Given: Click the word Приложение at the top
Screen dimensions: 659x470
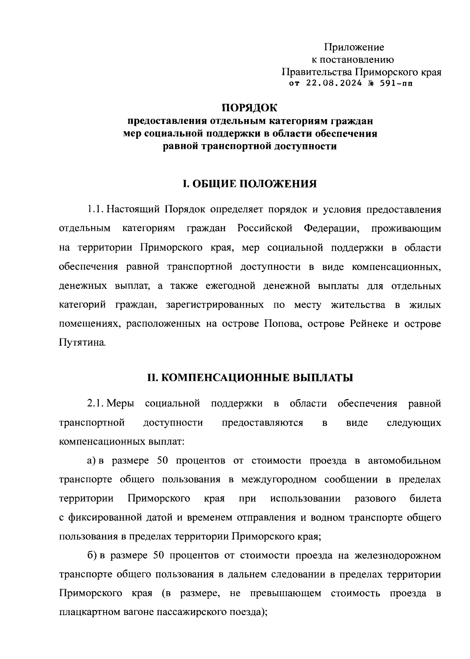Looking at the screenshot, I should [354, 47].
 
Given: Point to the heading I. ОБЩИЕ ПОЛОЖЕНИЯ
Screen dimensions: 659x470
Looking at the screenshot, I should [250, 183].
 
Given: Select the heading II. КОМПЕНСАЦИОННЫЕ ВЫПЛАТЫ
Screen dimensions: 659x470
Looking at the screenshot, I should [250, 378].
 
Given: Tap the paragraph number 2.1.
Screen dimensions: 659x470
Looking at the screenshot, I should [95, 404].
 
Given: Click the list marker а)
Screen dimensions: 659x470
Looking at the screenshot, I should [91, 460].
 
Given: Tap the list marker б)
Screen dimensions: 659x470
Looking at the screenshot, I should [92, 556].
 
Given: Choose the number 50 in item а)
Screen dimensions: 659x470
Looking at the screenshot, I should [162, 460].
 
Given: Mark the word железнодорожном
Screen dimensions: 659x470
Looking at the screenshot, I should [398, 556].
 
